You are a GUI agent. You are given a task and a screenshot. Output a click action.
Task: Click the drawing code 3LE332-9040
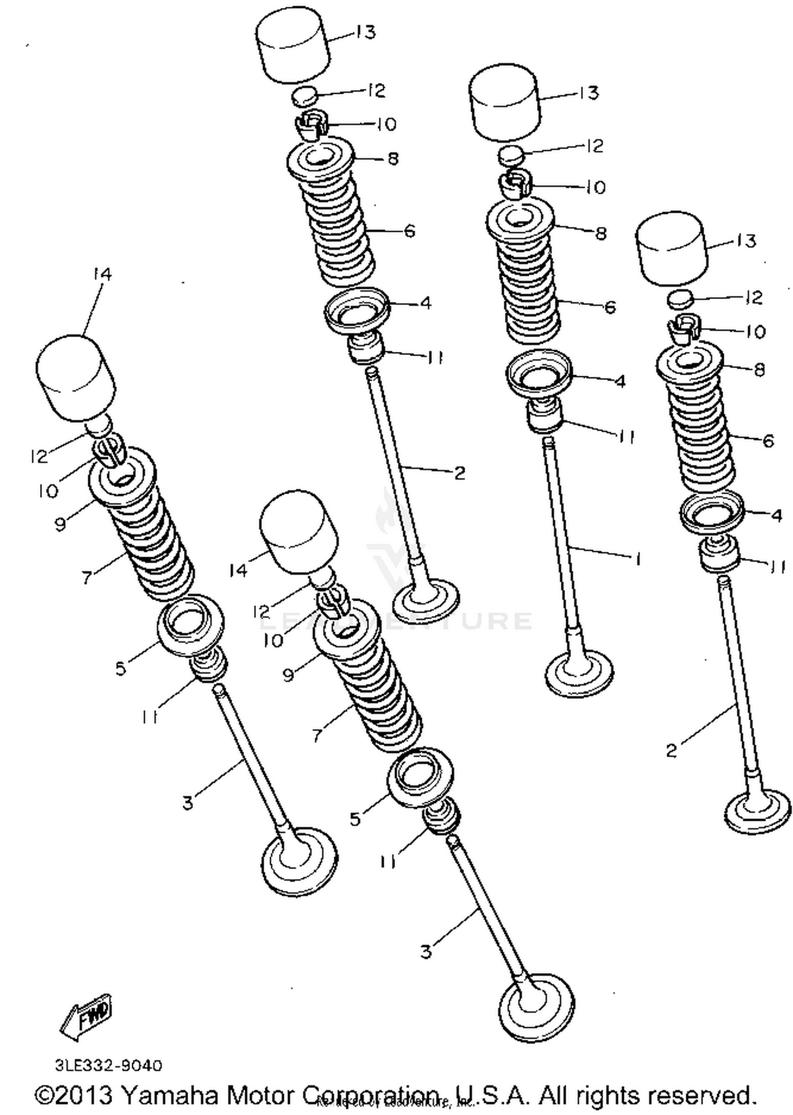pyautogui.click(x=108, y=1065)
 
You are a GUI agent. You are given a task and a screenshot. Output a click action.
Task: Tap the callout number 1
pyautogui.click(x=638, y=559)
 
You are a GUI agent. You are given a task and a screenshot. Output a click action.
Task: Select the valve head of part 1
pyautogui.click(x=579, y=675)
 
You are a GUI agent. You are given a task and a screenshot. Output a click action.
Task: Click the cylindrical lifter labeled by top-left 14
pyautogui.click(x=76, y=377)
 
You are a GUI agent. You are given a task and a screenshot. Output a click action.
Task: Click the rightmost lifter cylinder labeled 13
pyautogui.click(x=671, y=249)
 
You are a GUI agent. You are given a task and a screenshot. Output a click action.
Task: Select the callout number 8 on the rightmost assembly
pyautogui.click(x=759, y=369)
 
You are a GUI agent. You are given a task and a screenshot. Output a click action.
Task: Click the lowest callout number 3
pyautogui.click(x=426, y=952)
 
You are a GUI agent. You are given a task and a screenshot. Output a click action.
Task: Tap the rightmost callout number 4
pyautogui.click(x=776, y=514)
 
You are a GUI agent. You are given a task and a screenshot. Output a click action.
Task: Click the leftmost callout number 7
pyautogui.click(x=87, y=577)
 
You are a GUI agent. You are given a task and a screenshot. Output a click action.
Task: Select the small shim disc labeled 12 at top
pyautogui.click(x=305, y=97)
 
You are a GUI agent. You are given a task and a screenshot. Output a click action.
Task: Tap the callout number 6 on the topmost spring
pyautogui.click(x=409, y=231)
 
